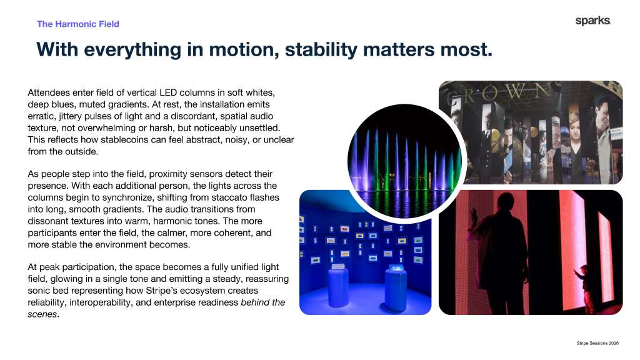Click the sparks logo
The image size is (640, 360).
592,21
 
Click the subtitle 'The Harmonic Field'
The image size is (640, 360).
78,24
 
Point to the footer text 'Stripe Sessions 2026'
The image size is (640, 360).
597,343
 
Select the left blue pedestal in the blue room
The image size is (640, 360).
338,286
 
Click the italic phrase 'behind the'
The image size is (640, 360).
263,302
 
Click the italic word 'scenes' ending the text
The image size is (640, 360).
42,314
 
